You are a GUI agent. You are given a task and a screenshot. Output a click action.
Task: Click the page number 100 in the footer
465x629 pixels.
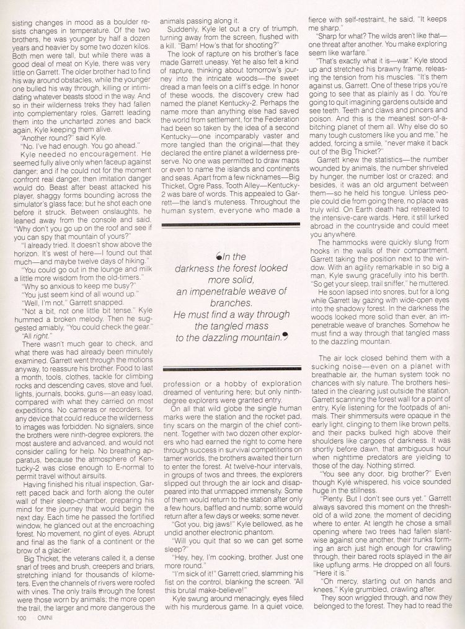click(x=22, y=617)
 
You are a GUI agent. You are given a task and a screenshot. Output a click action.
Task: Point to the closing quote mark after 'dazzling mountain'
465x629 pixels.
click(x=285, y=337)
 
